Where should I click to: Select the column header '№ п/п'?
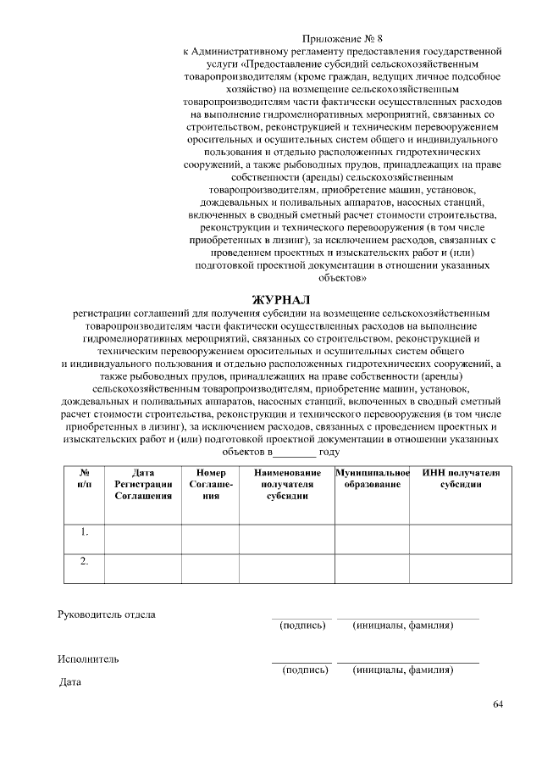click(85, 478)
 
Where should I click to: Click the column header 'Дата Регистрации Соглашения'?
click(143, 484)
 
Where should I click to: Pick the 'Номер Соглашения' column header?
click(210, 484)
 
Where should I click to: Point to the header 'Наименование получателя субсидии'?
click(286, 484)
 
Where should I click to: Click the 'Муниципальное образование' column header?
click(373, 478)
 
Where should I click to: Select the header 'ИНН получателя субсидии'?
click(461, 478)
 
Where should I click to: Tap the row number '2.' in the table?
click(85, 561)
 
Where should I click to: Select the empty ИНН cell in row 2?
click(461, 569)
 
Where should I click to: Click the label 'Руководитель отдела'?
click(107, 614)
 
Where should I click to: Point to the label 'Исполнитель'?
click(88, 659)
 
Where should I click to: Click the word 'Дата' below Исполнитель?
click(69, 681)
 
